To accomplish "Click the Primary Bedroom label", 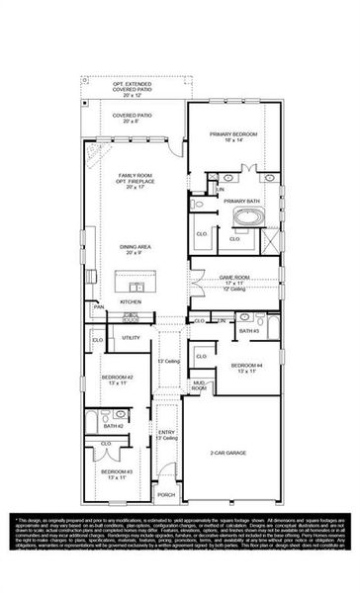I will click(x=234, y=133).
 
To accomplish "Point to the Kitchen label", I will click(x=131, y=301).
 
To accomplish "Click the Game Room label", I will click(x=234, y=279).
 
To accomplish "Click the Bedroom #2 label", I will click(x=116, y=378).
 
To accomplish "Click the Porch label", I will click(x=166, y=495).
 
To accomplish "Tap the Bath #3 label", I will click(x=248, y=331).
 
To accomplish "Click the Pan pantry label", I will click(x=99, y=307).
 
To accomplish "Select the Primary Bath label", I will click(x=241, y=201).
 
